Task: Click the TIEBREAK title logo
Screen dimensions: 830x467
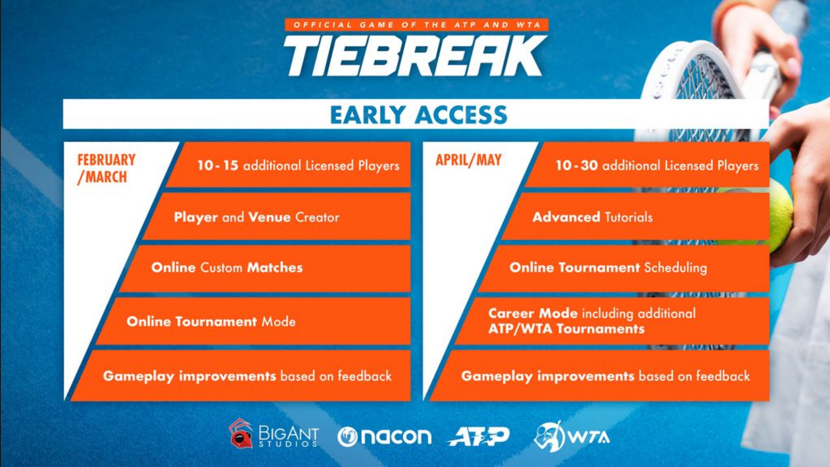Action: click(415, 56)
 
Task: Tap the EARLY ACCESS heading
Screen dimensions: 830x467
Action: click(418, 115)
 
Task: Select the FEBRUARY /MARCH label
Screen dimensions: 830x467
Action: click(106, 169)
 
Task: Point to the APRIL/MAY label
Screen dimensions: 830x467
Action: click(469, 160)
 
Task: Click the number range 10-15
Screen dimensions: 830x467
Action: click(218, 165)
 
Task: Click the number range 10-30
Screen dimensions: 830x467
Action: click(576, 165)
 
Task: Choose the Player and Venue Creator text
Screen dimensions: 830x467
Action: click(256, 217)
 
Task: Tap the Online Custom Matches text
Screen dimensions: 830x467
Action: click(227, 267)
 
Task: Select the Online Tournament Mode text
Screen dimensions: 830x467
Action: click(211, 321)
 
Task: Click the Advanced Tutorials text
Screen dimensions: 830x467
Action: click(592, 217)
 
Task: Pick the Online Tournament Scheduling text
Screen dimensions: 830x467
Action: click(608, 267)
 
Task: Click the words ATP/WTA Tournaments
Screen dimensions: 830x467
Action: click(566, 329)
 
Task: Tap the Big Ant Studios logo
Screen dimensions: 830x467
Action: click(274, 434)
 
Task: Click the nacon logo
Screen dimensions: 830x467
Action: click(384, 437)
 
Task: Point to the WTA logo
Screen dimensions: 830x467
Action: click(571, 436)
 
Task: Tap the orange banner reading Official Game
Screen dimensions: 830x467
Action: click(416, 24)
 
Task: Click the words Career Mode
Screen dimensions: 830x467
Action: click(533, 313)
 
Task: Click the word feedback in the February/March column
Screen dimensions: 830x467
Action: click(365, 376)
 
